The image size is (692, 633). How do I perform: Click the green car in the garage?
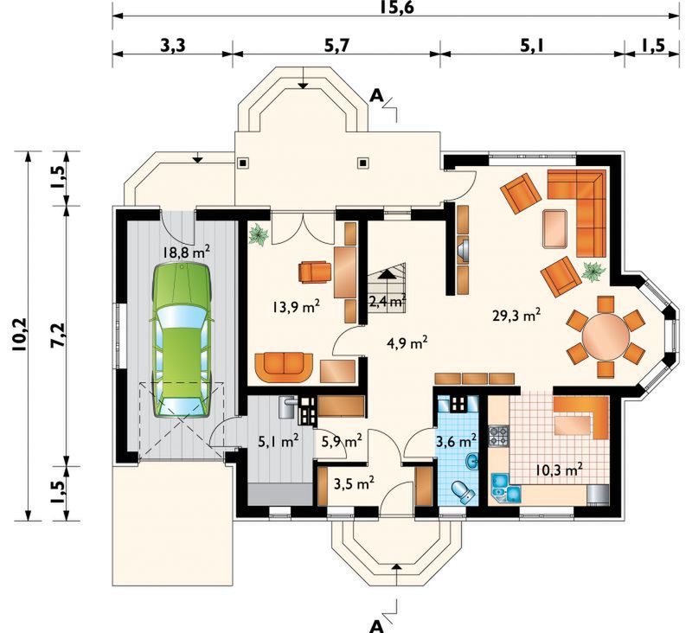182,340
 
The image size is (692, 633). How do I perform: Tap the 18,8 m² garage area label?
186,252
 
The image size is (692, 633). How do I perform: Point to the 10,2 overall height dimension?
20,334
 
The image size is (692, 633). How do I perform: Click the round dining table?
605,336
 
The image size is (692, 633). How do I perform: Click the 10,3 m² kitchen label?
559,469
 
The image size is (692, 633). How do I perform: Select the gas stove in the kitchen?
499,436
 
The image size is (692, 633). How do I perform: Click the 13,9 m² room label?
296,306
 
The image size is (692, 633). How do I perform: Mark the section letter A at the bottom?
376,626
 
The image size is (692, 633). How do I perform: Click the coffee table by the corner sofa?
555,228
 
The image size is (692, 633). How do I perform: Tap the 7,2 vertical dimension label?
58,336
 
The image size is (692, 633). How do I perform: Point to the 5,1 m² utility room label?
278,441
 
